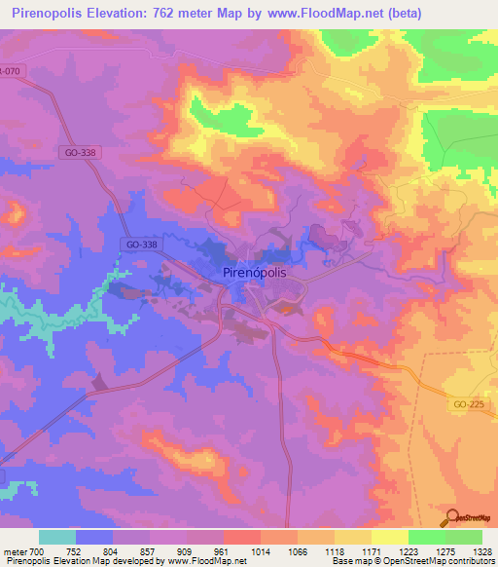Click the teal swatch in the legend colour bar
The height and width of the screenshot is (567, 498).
pyautogui.click(x=57, y=537)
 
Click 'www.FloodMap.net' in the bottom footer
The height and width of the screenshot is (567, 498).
pyautogui.click(x=205, y=561)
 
